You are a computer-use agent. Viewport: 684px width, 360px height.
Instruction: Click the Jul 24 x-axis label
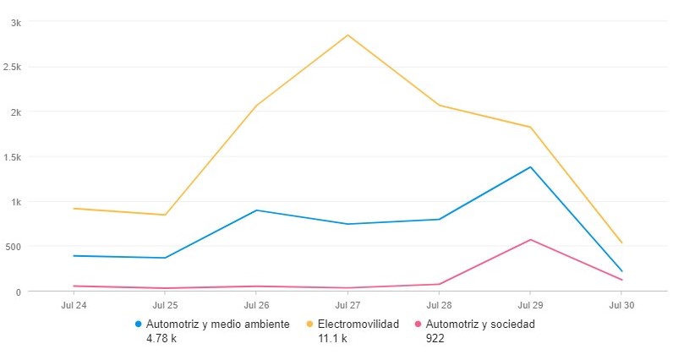click(x=74, y=304)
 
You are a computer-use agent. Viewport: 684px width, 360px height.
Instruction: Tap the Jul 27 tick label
click(x=347, y=304)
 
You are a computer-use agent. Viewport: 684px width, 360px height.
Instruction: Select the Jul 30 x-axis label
click(x=621, y=304)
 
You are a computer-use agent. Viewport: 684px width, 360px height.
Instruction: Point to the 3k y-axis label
click(x=15, y=22)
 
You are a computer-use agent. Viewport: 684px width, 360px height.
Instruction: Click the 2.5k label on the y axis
click(x=11, y=67)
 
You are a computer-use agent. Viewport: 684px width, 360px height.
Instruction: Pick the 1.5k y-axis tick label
click(x=11, y=156)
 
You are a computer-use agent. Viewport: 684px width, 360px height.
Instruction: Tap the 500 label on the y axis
click(x=13, y=247)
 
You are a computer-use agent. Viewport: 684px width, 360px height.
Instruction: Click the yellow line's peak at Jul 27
click(x=347, y=35)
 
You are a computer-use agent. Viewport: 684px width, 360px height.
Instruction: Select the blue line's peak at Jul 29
click(x=530, y=167)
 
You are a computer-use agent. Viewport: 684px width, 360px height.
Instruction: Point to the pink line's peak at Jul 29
click(x=530, y=240)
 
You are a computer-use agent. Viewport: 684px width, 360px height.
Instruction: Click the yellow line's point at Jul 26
click(x=256, y=106)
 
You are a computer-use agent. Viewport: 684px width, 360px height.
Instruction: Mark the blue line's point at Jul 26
click(x=256, y=210)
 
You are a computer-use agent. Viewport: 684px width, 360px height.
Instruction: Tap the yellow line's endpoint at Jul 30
click(x=621, y=243)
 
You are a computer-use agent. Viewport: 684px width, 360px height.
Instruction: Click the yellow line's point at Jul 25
click(x=165, y=215)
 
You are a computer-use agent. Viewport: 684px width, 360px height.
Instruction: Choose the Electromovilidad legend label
click(x=358, y=324)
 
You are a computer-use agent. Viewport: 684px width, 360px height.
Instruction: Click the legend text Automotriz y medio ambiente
click(x=218, y=324)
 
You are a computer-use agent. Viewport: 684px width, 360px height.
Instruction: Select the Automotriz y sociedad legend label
click(x=481, y=324)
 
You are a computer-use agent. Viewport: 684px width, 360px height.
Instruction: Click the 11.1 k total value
click(x=331, y=339)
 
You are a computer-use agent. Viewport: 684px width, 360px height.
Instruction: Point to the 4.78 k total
click(x=162, y=339)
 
